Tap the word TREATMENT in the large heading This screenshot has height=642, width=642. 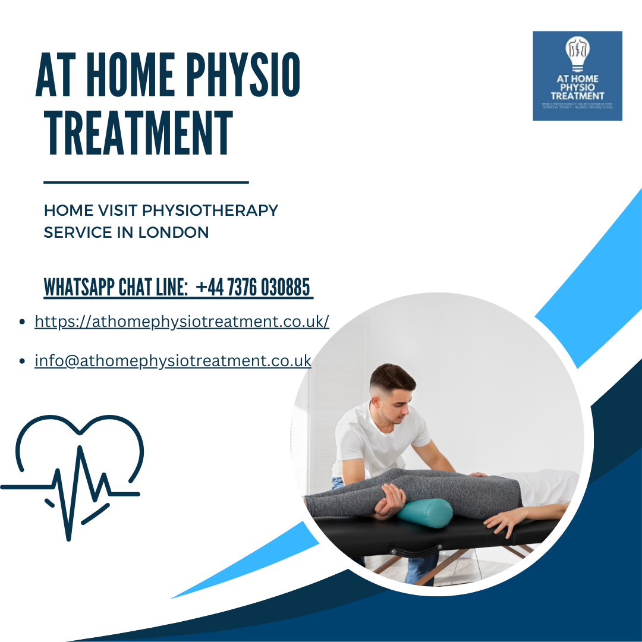coord(139,134)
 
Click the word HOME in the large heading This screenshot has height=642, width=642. coord(127,75)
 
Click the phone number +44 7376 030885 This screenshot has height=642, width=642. coord(253,288)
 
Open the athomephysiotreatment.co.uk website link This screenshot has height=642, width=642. coord(182,322)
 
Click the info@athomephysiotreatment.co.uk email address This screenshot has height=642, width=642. coord(173,360)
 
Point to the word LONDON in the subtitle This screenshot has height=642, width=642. coord(174,232)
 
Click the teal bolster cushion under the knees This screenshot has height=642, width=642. coord(424,512)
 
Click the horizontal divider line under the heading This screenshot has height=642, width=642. coord(146,182)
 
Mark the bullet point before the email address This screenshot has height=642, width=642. coord(23,361)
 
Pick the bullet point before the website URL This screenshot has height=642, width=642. coord(23,322)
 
